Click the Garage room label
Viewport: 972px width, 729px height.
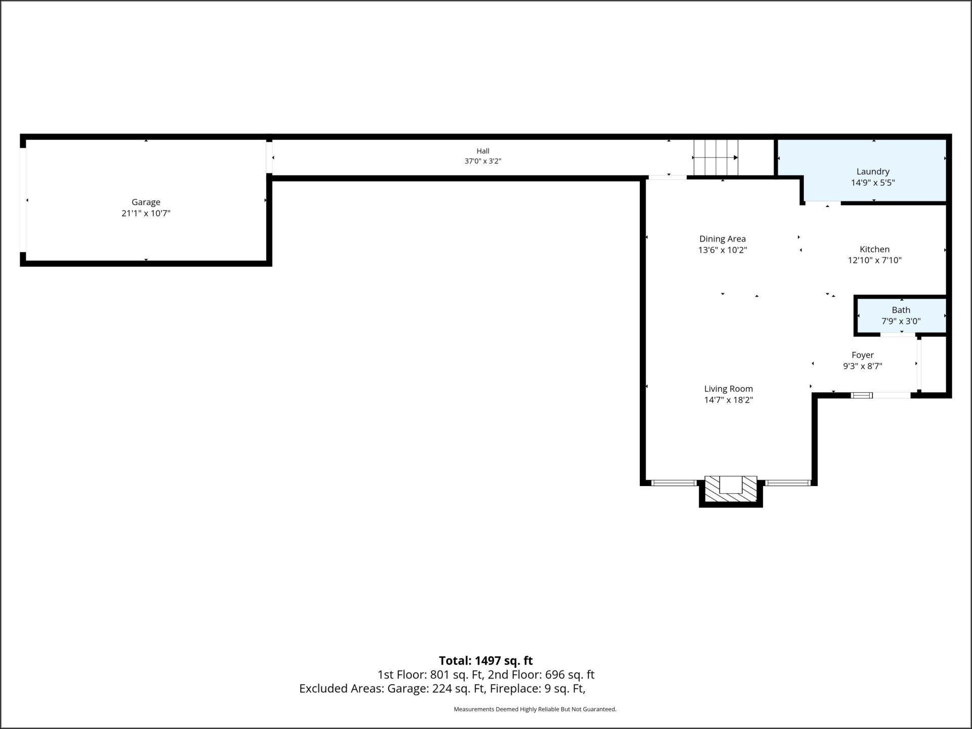[146, 202]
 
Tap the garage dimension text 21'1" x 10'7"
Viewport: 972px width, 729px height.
[146, 213]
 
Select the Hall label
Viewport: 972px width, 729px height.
[483, 151]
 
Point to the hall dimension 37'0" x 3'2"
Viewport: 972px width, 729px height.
[483, 161]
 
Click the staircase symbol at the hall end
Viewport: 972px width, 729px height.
[715, 157]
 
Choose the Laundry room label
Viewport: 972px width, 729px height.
[873, 172]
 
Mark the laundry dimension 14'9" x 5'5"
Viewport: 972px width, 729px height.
[873, 183]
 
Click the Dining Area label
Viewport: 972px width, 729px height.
[722, 239]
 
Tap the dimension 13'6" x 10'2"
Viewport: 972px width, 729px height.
[722, 250]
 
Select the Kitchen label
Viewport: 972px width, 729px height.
[874, 249]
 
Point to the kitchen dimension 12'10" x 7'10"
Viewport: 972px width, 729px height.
[874, 260]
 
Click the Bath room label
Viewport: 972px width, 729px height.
[901, 310]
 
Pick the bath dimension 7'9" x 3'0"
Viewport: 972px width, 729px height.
[901, 321]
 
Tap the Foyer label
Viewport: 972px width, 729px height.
[862, 355]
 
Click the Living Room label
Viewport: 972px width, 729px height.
[728, 389]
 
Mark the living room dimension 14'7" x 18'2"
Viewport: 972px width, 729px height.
[728, 400]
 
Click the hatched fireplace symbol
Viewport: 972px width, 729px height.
[731, 489]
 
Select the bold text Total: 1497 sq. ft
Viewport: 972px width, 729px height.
[485, 661]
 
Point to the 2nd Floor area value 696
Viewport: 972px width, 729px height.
[555, 675]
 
